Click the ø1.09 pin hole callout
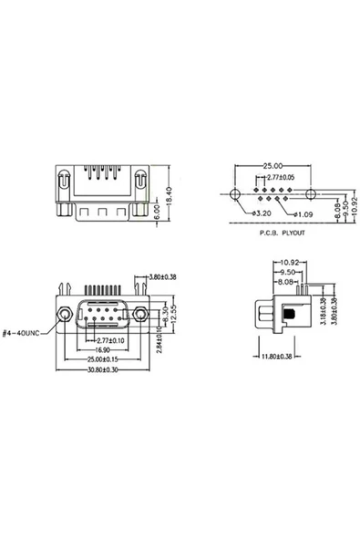[303, 214]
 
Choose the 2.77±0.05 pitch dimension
[275, 177]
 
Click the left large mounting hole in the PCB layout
[234, 194]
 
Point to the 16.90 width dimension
[102, 348]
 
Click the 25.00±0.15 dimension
[102, 360]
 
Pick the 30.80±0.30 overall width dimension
[102, 370]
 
